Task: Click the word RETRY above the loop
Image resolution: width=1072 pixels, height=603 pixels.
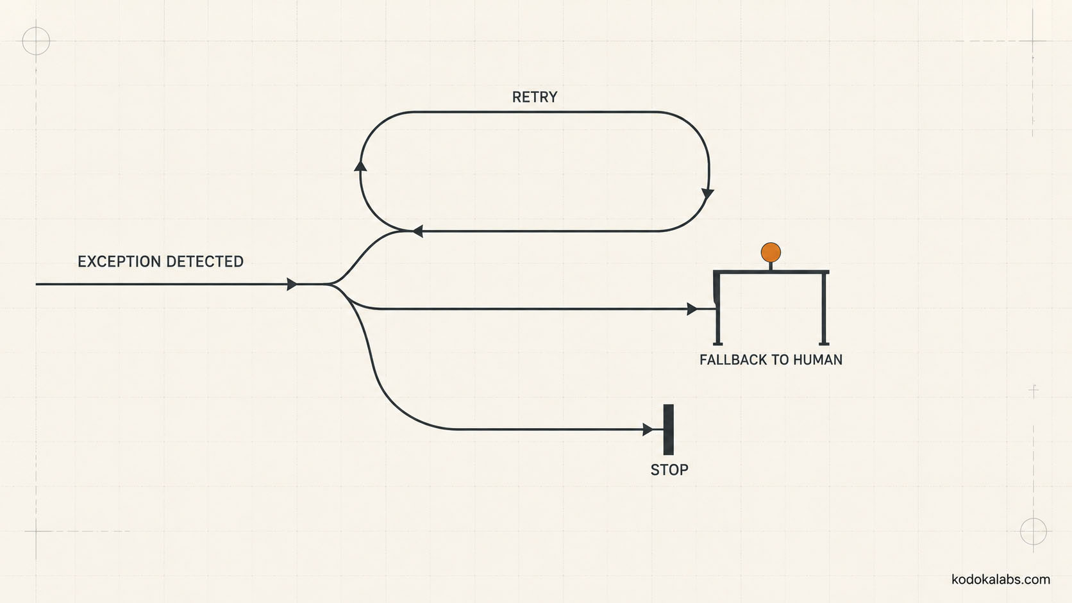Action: (x=535, y=97)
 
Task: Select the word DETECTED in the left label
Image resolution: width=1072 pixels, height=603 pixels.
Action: (x=205, y=261)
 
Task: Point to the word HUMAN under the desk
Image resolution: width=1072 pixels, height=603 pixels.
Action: (x=818, y=359)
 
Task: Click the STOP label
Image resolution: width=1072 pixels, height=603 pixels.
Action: (x=669, y=470)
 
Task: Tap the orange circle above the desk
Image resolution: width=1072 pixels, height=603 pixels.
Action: (x=771, y=252)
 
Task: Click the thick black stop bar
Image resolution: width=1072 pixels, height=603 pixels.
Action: (x=669, y=429)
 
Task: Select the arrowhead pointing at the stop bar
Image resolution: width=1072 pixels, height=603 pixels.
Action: (x=648, y=429)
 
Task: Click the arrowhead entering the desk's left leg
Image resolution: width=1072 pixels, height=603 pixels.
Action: (x=692, y=309)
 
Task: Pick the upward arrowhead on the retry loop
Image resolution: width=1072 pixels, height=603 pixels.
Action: (x=360, y=165)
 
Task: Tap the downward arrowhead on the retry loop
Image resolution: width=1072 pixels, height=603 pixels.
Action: (x=708, y=194)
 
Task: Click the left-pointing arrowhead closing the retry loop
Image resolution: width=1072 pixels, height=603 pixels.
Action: (x=417, y=231)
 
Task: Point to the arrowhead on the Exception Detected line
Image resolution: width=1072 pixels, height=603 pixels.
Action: (x=292, y=284)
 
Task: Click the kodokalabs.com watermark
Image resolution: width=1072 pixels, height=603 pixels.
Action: (x=1001, y=579)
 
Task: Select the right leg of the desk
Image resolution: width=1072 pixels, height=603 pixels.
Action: (x=824, y=308)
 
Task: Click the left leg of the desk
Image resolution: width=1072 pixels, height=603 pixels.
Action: (x=717, y=308)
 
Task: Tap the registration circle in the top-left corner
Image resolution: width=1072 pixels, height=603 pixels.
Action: (x=36, y=41)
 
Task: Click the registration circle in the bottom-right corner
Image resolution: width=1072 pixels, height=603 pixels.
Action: (x=1034, y=531)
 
